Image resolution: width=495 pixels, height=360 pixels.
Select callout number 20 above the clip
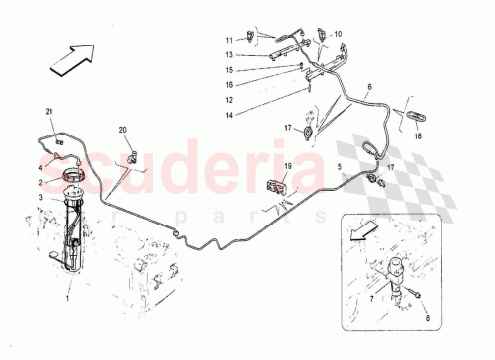[x=123, y=131]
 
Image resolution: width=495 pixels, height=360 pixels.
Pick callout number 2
[x=42, y=183]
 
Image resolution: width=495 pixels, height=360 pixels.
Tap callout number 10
[x=337, y=34]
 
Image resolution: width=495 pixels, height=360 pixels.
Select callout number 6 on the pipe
[x=369, y=88]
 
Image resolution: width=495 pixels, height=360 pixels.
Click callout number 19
[x=288, y=169]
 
